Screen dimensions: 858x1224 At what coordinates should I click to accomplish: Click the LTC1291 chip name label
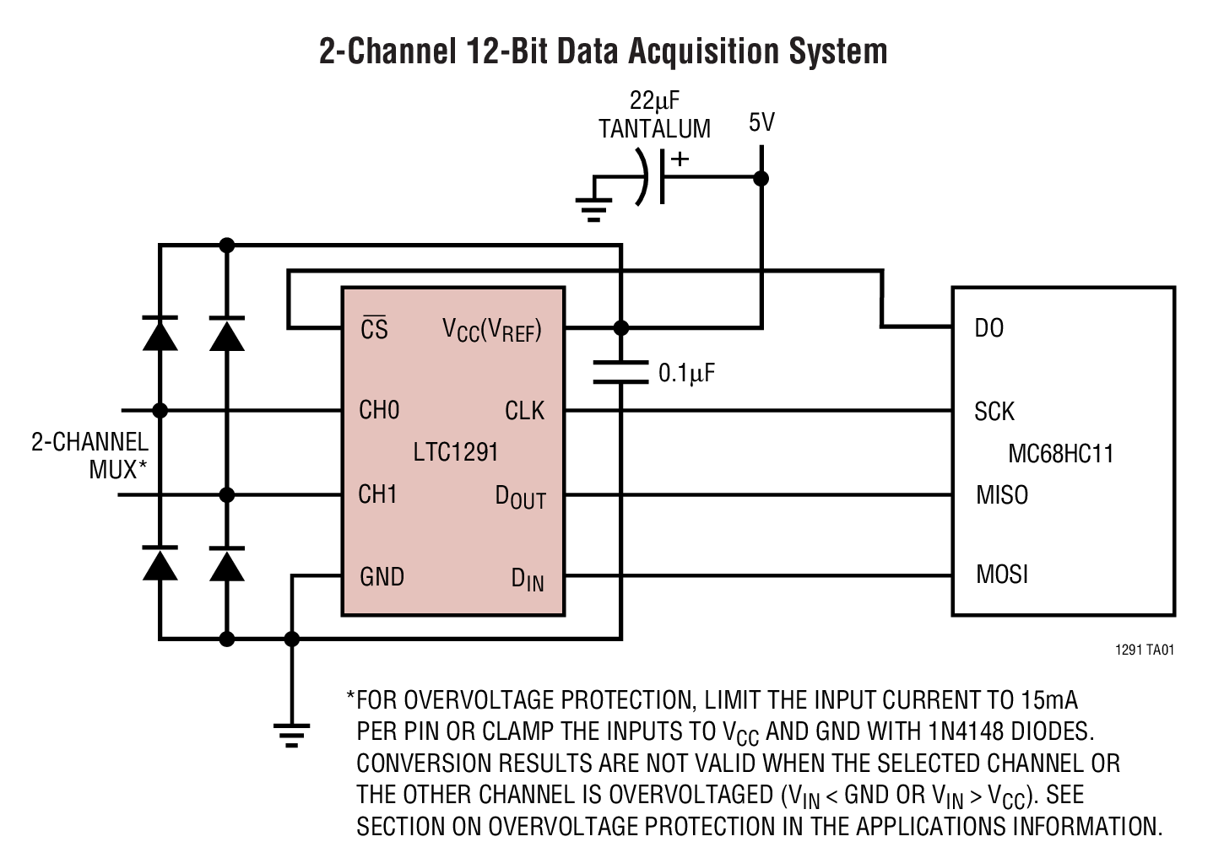pyautogui.click(x=456, y=452)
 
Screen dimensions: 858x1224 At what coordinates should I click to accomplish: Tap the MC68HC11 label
pyautogui.click(x=1061, y=454)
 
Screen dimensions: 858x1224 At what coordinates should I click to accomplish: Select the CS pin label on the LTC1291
pyautogui.click(x=374, y=328)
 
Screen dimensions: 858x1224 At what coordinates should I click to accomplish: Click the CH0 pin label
pyautogui.click(x=379, y=410)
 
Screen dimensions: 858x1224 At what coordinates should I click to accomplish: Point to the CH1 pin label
pyautogui.click(x=377, y=494)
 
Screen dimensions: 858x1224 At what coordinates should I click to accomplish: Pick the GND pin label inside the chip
pyautogui.click(x=382, y=577)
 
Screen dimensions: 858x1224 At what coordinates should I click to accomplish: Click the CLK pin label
pyautogui.click(x=524, y=411)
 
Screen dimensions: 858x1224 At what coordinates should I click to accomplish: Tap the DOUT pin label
pyautogui.click(x=520, y=497)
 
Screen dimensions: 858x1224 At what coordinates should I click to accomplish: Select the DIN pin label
pyautogui.click(x=528, y=580)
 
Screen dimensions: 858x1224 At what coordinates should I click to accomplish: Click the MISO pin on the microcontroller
pyautogui.click(x=1002, y=494)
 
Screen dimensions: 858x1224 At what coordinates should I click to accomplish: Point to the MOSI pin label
pyautogui.click(x=1002, y=575)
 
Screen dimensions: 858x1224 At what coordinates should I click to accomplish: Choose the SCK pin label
pyautogui.click(x=994, y=412)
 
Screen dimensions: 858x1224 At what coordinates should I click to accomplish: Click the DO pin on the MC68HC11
pyautogui.click(x=988, y=328)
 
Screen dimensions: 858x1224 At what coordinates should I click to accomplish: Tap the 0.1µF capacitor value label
pyautogui.click(x=686, y=373)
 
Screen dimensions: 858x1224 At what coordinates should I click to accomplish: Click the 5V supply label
pyautogui.click(x=761, y=123)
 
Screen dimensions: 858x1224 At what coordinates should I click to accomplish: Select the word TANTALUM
pyautogui.click(x=654, y=129)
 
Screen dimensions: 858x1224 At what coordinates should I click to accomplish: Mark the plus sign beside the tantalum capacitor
pyautogui.click(x=680, y=158)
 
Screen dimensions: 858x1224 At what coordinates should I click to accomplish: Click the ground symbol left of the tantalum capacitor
pyautogui.click(x=593, y=206)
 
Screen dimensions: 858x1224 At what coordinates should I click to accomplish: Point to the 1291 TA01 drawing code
pyautogui.click(x=1144, y=650)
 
